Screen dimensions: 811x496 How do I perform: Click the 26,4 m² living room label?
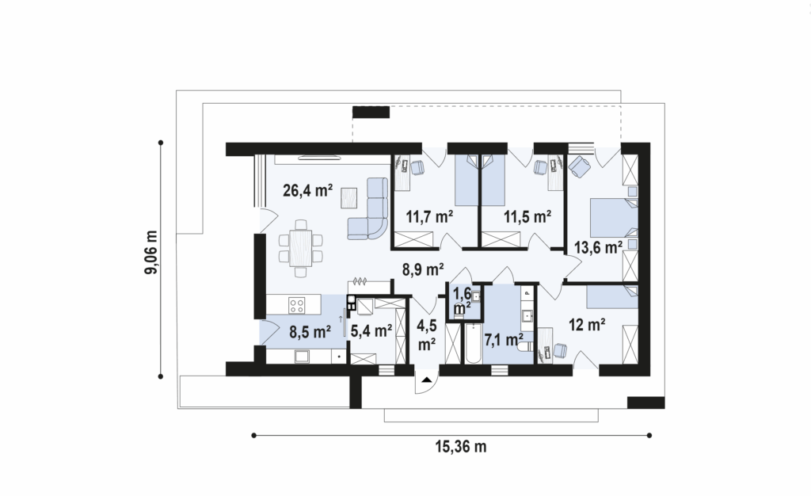pyautogui.click(x=308, y=191)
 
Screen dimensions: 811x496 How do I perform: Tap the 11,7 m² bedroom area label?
pyautogui.click(x=430, y=217)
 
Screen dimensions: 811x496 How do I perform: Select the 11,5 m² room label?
pyautogui.click(x=527, y=217)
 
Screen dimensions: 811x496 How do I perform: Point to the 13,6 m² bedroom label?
pyautogui.click(x=599, y=248)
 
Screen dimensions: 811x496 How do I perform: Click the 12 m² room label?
pyautogui.click(x=588, y=325)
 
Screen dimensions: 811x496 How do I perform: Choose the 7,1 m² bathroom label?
pyautogui.click(x=504, y=340)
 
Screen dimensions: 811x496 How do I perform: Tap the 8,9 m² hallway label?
pyautogui.click(x=424, y=269)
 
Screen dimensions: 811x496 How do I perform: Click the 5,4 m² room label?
pyautogui.click(x=371, y=331)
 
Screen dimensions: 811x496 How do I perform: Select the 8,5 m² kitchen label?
pyautogui.click(x=310, y=332)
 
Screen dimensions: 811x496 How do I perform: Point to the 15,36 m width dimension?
pyautogui.click(x=461, y=446)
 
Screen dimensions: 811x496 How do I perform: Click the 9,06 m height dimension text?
pyautogui.click(x=151, y=253)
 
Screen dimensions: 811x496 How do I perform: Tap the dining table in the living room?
pyautogui.click(x=300, y=248)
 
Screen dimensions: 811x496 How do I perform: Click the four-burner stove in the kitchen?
pyautogui.click(x=297, y=304)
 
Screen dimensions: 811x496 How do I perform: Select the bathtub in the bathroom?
pyautogui.click(x=473, y=344)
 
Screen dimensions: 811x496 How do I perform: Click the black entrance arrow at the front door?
pyautogui.click(x=427, y=380)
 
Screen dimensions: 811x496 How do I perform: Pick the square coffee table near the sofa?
pyautogui.click(x=349, y=198)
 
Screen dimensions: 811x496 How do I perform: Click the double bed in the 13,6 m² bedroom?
pyautogui.click(x=614, y=218)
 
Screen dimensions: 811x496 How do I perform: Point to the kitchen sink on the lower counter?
pyautogui.click(x=301, y=356)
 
